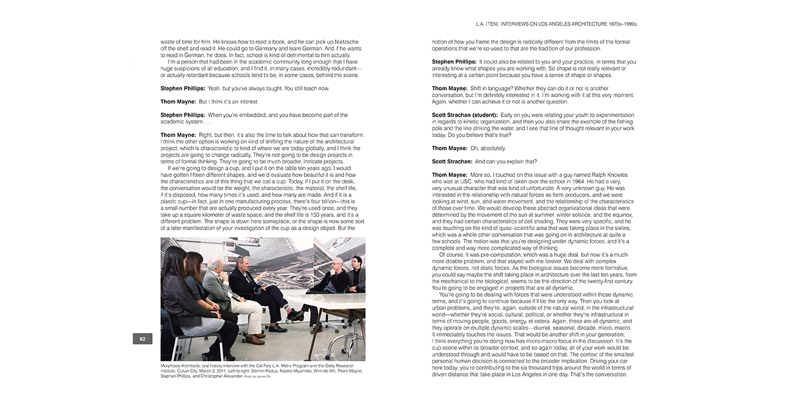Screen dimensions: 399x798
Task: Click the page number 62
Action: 142,339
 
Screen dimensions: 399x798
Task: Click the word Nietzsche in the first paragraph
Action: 341,41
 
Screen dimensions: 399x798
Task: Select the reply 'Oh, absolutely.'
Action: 488,148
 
